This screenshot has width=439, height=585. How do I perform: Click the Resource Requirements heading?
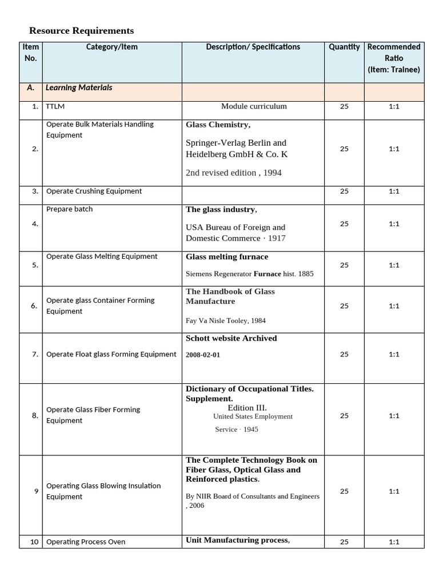tap(81, 31)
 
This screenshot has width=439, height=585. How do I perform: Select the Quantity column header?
tap(344, 47)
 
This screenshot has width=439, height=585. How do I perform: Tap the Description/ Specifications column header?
tap(253, 47)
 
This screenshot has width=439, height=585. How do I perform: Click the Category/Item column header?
tap(111, 47)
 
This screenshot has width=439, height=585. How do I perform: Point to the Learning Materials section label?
tap(79, 88)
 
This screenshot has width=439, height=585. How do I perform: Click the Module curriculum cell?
tap(254, 106)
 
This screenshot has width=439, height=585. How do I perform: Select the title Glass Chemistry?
tap(218, 125)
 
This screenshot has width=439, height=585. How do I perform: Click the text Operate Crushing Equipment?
tap(94, 191)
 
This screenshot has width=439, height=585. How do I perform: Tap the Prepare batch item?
tap(69, 209)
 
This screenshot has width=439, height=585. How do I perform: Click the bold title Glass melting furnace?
tap(226, 257)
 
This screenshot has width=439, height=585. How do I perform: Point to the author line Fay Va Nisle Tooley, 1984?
tap(225, 320)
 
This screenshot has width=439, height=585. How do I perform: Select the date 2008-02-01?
tap(202, 355)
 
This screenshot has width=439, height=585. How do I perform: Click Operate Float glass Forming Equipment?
tap(111, 354)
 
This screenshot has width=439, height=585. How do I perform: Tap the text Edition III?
tap(247, 408)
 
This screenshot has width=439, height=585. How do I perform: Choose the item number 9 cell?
tap(36, 491)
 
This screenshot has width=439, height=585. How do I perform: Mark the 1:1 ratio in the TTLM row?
tap(394, 106)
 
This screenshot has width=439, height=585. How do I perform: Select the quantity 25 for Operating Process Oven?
tap(344, 542)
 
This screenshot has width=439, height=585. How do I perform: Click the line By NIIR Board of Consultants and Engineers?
tap(252, 496)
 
